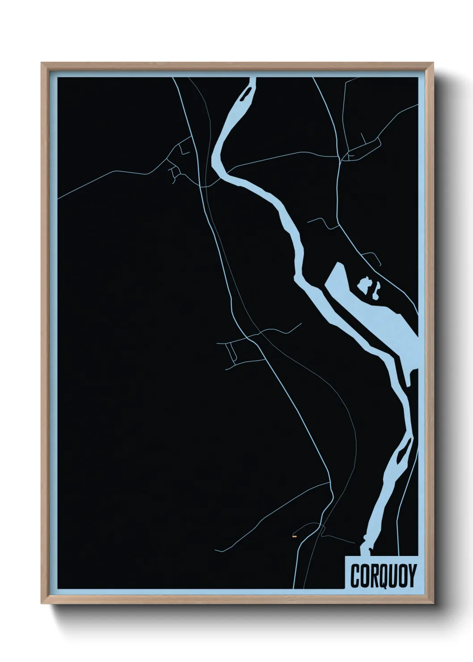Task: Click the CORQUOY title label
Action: tap(383, 575)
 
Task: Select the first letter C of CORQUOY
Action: tap(356, 576)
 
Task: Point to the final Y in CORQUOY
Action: tap(411, 576)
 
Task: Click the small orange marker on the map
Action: tap(294, 535)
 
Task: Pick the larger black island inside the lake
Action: tap(364, 285)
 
